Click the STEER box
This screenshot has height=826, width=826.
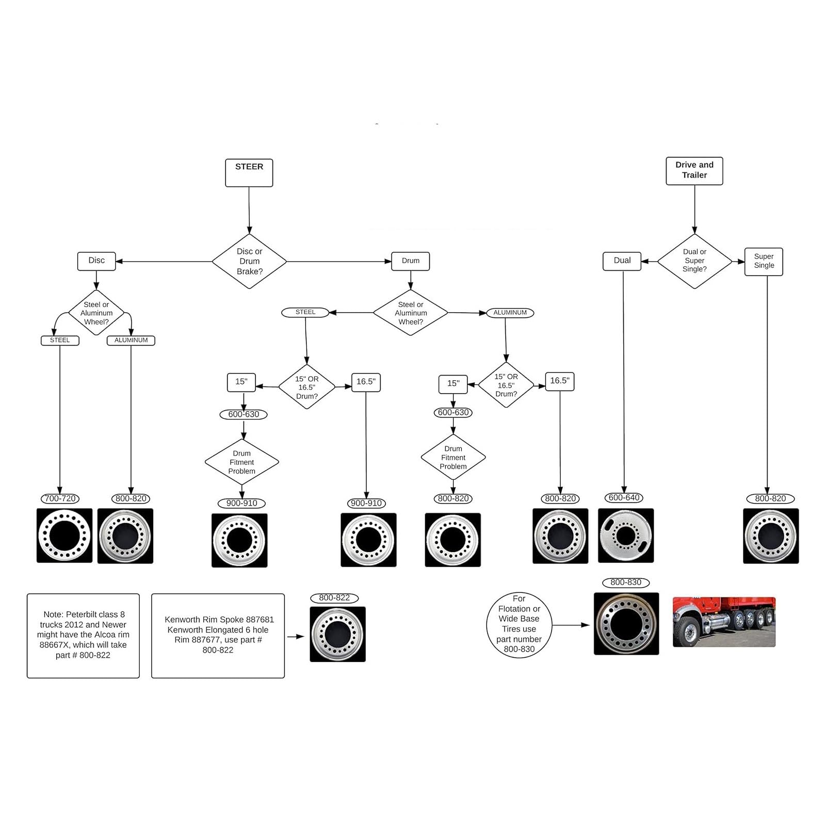[x=249, y=172]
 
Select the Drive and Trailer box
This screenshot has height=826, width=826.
[x=694, y=171]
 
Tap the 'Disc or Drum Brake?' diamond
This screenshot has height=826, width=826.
[x=250, y=261]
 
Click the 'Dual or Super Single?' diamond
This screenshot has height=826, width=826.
[x=694, y=261]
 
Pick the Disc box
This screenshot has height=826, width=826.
[x=96, y=261]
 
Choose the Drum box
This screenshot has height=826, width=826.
[x=411, y=261]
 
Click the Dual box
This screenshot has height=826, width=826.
[x=622, y=261]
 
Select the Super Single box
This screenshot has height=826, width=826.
[x=764, y=262]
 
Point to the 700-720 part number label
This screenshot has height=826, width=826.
[x=60, y=498]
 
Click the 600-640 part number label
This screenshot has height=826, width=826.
[x=624, y=498]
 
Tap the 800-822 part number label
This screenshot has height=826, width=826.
[x=334, y=598]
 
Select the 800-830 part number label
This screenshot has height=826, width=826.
[x=626, y=582]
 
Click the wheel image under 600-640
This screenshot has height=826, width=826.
[x=626, y=536]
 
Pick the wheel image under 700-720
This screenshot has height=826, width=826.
[x=64, y=536]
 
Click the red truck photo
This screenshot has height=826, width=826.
[x=724, y=622]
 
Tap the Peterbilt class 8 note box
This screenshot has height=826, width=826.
[x=83, y=636]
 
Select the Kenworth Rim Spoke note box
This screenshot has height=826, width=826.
[x=218, y=636]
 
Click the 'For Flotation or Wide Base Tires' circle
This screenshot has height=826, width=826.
[x=519, y=625]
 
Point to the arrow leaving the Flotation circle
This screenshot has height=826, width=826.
[x=571, y=625]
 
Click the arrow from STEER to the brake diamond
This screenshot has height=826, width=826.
[x=249, y=210]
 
